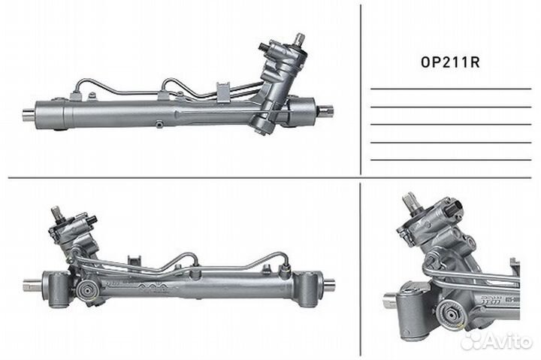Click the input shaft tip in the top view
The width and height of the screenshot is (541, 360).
click(299, 38)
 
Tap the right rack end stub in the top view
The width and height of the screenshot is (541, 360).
click(325, 111)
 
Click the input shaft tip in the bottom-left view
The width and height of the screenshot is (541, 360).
click(56, 213)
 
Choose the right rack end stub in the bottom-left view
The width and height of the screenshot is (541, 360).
click(328, 284)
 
